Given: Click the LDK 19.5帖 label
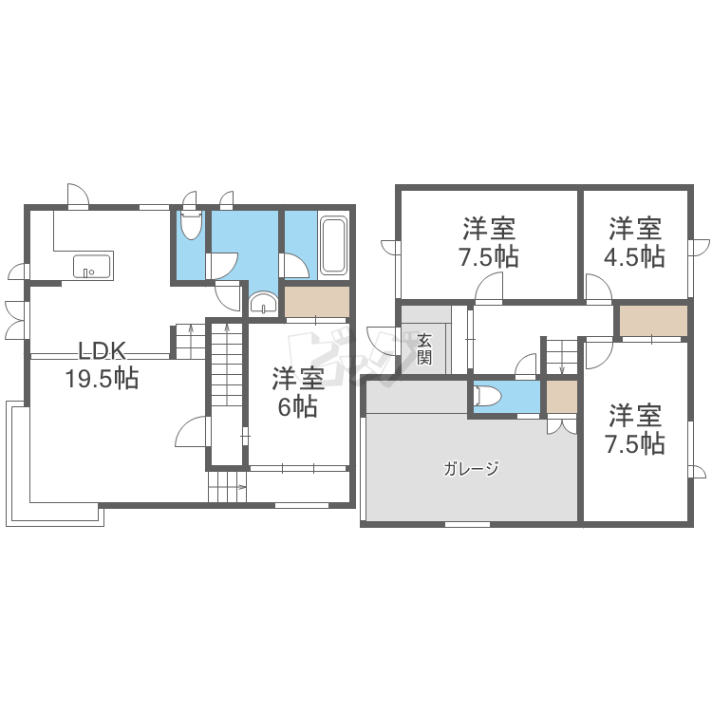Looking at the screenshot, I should [102, 364].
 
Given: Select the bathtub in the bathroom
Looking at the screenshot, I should [332, 246].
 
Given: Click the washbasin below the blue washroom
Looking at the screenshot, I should [262, 304].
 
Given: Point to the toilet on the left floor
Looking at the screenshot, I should [191, 226].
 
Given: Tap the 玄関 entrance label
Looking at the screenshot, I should [424, 348].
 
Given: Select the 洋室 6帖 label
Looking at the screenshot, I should [298, 392].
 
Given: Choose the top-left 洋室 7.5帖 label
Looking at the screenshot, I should [490, 242].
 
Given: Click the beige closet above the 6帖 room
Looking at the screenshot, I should [316, 302].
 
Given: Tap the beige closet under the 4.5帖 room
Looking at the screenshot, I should [652, 321].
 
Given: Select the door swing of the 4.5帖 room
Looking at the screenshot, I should [598, 286].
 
